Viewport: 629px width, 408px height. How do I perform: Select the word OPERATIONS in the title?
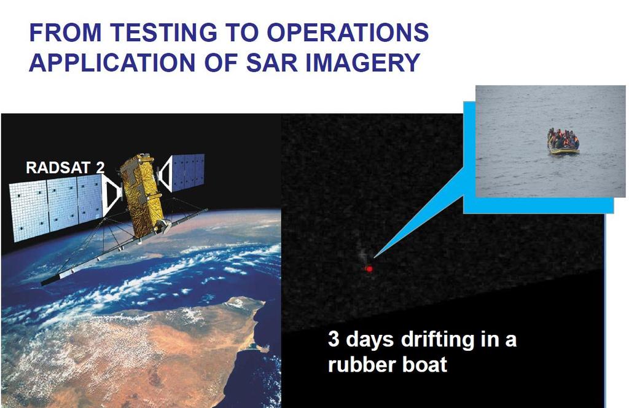tap(348, 33)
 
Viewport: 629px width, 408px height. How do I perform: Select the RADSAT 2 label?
tap(65, 168)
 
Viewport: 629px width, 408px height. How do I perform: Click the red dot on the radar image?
tap(369, 269)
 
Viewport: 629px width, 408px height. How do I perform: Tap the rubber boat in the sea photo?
tap(564, 141)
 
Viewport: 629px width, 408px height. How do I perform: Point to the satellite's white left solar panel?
tap(56, 209)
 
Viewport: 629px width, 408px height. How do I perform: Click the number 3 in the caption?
tap(334, 339)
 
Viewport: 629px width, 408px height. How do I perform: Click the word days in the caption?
tap(369, 340)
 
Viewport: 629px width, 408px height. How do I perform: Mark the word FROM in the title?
tap(66, 33)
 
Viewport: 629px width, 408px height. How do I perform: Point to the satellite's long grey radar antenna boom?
tap(124, 247)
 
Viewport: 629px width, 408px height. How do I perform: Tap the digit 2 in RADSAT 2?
tap(100, 168)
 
